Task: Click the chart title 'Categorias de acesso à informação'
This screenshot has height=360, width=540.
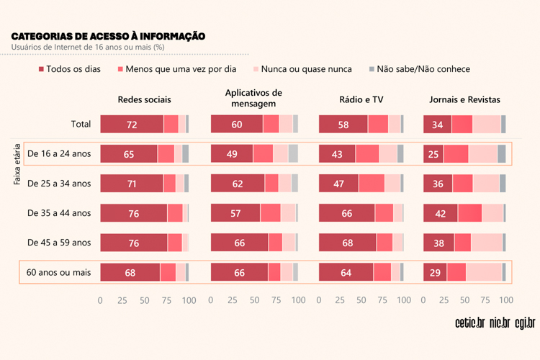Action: (x=108, y=36)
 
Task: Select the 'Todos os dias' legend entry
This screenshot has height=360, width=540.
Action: (x=73, y=69)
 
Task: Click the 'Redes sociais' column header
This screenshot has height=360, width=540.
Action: (x=144, y=99)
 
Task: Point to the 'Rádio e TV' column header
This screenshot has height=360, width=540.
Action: (x=361, y=99)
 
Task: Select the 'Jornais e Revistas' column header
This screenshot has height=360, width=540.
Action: (x=464, y=99)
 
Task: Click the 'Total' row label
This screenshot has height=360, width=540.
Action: (x=81, y=124)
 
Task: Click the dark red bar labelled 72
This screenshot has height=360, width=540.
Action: (x=132, y=124)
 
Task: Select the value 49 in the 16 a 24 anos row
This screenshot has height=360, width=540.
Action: (x=232, y=153)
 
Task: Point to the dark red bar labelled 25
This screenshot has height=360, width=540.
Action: (x=433, y=153)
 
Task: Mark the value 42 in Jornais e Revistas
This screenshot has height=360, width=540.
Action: (x=441, y=213)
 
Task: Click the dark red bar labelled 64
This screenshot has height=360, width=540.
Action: (x=346, y=273)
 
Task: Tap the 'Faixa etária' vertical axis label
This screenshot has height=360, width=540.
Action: (x=17, y=164)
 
